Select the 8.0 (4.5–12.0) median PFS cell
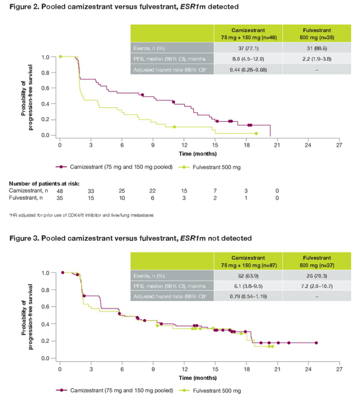click(248, 58)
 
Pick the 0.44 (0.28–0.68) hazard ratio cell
click(248, 69)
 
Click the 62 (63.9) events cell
click(248, 275)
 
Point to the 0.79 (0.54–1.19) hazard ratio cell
click(248, 296)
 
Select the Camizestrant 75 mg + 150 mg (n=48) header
click(248, 33)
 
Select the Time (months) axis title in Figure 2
click(198, 154)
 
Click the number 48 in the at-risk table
click(60, 190)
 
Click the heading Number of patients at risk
click(44, 183)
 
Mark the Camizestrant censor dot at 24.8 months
click(316, 343)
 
